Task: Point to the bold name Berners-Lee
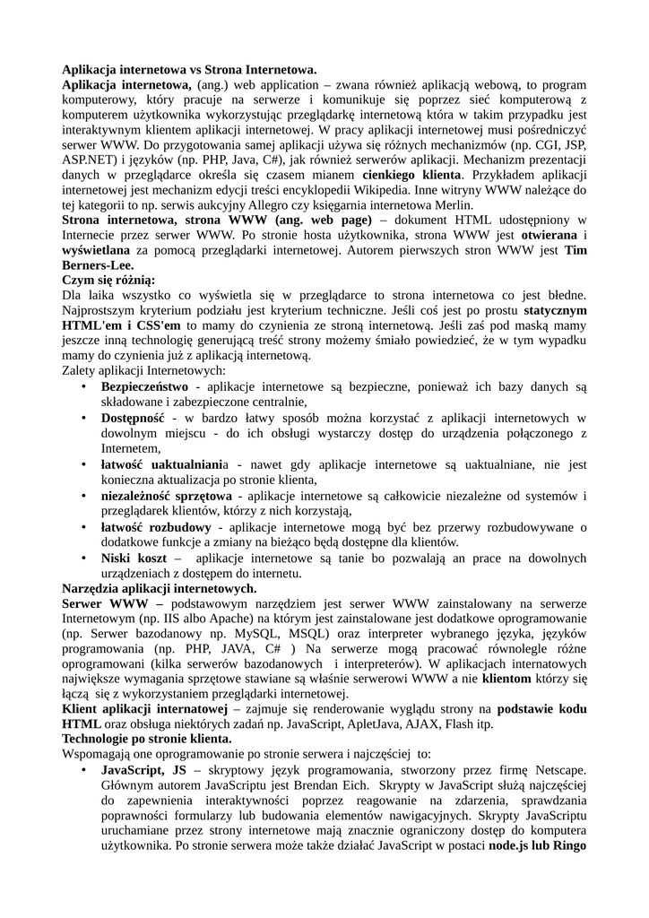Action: tap(98, 265)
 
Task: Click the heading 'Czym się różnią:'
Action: tap(108, 281)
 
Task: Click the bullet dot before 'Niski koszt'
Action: tap(82, 559)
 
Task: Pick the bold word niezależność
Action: tap(134, 496)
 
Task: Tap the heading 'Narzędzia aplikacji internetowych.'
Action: tap(159, 589)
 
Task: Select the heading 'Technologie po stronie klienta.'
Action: tap(146, 740)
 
